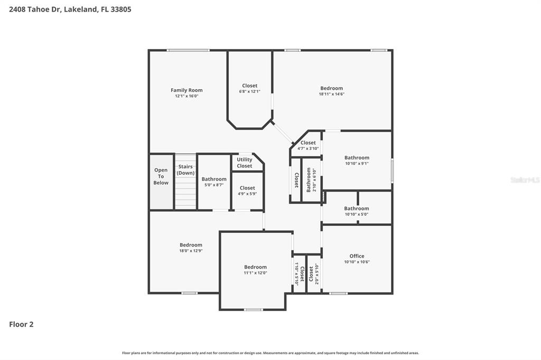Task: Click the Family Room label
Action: [186, 90]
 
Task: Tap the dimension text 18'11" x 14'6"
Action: [332, 94]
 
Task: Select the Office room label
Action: [357, 256]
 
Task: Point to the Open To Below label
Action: [161, 176]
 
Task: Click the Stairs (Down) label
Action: [185, 169]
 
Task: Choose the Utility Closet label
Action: [244, 163]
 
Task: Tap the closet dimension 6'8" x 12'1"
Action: [249, 91]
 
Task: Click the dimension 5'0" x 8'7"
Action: [214, 185]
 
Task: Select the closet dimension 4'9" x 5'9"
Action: [247, 194]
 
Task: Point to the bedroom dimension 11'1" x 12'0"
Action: [255, 273]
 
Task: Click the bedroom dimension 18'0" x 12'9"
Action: [191, 251]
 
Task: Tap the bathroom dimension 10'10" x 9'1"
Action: [357, 164]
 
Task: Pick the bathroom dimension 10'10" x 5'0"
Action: [357, 214]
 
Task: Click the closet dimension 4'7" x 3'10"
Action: [308, 149]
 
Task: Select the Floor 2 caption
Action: [21, 324]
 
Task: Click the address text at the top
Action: [70, 10]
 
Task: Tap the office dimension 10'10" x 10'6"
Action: [357, 262]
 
